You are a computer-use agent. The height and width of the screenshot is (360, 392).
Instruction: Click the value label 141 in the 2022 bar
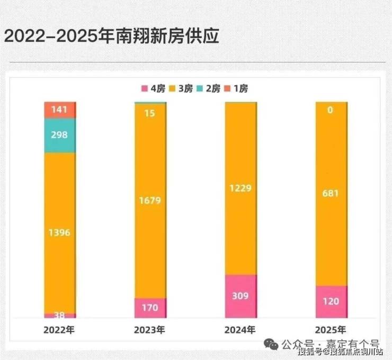pos(59,110)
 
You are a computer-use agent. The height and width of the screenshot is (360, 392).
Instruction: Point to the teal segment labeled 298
pos(59,135)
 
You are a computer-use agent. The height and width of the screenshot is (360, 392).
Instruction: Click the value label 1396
pos(59,232)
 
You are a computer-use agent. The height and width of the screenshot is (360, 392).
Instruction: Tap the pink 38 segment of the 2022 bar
pos(59,315)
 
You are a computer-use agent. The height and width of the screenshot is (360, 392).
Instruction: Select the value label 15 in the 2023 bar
pos(150,113)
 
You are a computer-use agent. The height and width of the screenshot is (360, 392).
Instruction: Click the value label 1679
pos(150,201)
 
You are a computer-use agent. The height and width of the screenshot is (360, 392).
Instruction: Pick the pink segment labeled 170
pos(150,307)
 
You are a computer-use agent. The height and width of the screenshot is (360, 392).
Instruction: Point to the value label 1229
pos(240,188)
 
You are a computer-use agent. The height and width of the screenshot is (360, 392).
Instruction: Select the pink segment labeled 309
pos(240,295)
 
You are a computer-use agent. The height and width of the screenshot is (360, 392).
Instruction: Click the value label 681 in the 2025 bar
pos(331,193)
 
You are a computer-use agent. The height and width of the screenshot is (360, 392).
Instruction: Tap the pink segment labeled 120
pos(331,301)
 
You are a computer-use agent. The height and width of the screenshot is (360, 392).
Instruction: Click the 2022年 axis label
pos(59,330)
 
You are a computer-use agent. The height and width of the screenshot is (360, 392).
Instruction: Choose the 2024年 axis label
pos(240,330)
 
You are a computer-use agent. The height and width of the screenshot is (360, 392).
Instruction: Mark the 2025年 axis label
pos(331,330)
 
